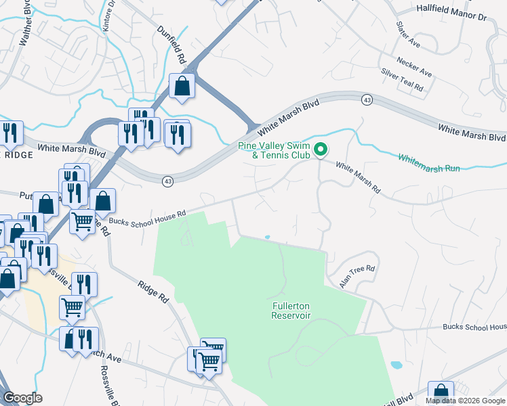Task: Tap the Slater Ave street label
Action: tap(409, 38)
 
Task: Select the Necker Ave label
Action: tap(415, 66)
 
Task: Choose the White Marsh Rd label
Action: tap(359, 175)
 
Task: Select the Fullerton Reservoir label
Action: tap(291, 311)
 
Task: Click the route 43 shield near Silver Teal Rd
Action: tap(366, 99)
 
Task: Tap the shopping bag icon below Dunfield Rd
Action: tap(182, 86)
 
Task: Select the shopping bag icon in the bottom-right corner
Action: tap(441, 393)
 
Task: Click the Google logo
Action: tap(22, 398)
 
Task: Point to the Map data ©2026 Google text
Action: tap(465, 401)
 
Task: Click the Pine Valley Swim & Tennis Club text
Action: tap(274, 151)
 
